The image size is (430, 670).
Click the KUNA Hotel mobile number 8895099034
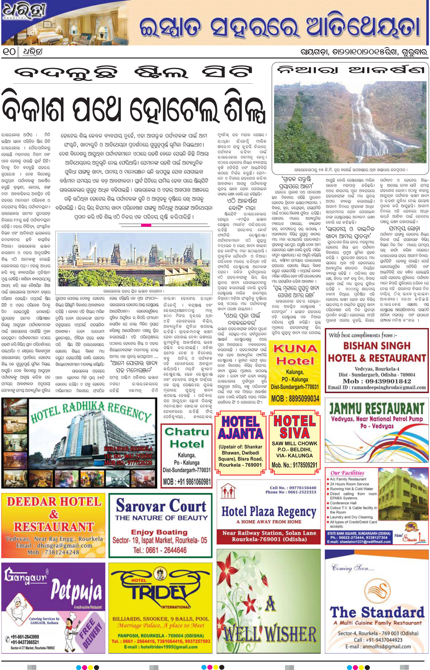[x=295, y=398]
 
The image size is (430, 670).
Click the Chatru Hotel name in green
[x=187, y=438]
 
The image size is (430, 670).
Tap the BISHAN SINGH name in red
[x=377, y=346]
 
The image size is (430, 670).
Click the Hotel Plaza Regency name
[x=269, y=511]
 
